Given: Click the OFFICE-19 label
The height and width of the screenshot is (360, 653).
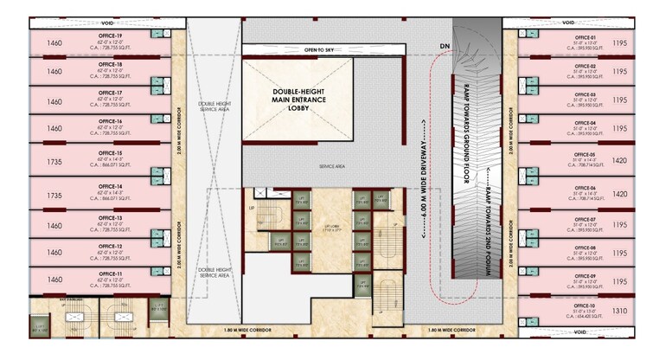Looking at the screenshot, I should point(110,35).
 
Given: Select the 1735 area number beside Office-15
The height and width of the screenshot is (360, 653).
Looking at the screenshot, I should point(55,163).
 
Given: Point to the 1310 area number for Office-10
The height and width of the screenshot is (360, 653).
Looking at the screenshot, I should point(619,311).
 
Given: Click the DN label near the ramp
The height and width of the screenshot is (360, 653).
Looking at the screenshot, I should point(445,45).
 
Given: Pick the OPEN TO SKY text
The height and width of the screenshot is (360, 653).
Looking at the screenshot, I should point(323,51).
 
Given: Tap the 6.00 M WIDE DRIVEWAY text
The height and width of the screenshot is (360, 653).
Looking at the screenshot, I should point(424,177).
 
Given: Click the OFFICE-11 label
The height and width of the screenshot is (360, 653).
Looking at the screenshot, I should point(110,273).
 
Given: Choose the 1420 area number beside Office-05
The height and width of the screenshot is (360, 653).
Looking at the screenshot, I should point(619,160).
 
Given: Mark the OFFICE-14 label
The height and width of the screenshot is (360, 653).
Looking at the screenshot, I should point(110,186).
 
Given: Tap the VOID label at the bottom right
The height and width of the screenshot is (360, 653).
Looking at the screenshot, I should point(568,331).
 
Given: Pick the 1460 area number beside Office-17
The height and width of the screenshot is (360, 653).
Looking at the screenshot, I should point(55,101).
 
